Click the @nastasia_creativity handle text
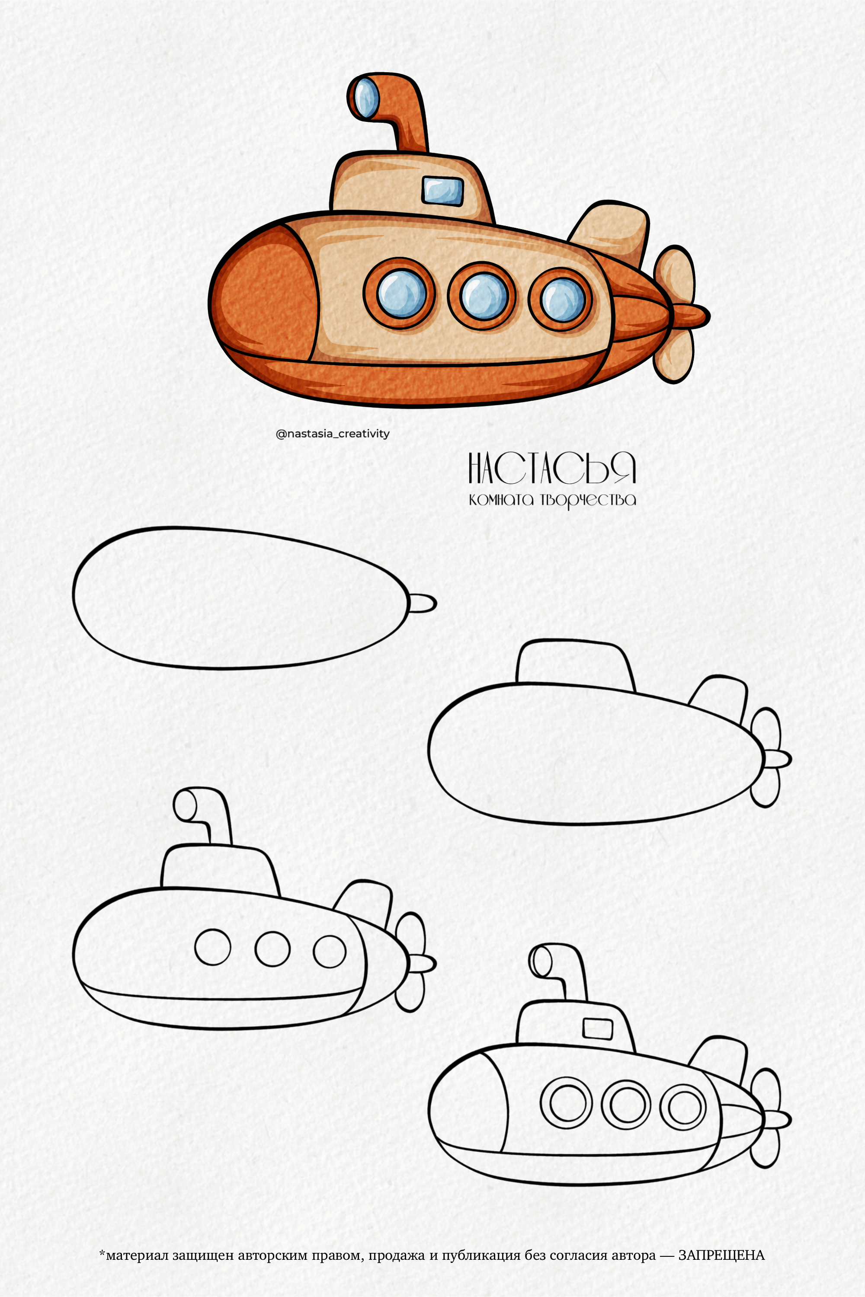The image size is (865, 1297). pos(333,434)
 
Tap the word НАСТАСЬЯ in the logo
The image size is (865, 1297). pos(552,469)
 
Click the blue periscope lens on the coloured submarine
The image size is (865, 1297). pos(366,98)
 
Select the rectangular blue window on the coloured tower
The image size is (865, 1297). pos(442,190)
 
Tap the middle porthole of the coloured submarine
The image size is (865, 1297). pos(482,297)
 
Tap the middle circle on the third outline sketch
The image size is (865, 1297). pos(272,949)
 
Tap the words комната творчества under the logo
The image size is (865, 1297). pos(552,500)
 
